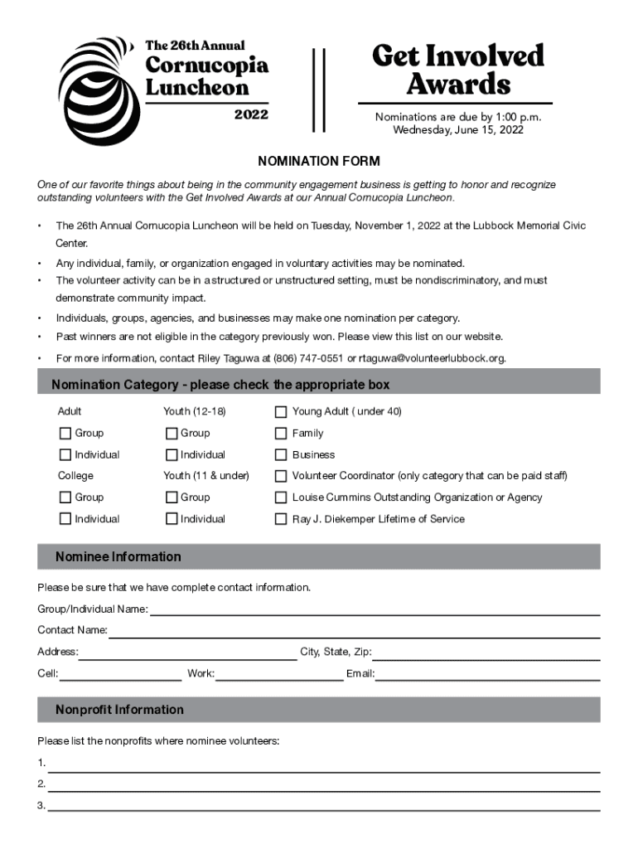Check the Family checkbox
[x=281, y=434]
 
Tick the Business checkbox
[x=281, y=455]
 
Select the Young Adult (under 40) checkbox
[x=281, y=412]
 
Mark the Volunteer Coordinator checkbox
[x=281, y=477]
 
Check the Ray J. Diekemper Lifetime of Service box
[x=281, y=520]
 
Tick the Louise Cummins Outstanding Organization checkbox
[x=281, y=498]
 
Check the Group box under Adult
[x=65, y=434]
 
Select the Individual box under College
[x=65, y=520]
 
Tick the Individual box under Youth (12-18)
[x=172, y=455]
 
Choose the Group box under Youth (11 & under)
[x=172, y=498]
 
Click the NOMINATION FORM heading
[x=318, y=161]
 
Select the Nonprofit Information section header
[x=119, y=710]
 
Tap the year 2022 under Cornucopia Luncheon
[x=251, y=114]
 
